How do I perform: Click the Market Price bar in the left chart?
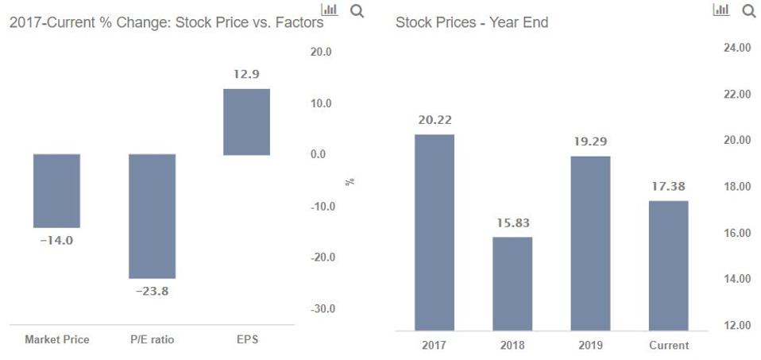[x=56, y=191]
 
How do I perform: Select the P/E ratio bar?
[x=152, y=215]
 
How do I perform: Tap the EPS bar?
[x=246, y=122]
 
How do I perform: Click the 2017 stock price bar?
[x=435, y=232]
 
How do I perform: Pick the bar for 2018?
[x=512, y=283]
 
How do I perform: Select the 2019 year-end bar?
[x=590, y=242]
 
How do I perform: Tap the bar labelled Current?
[x=668, y=265]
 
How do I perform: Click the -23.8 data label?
[x=152, y=291]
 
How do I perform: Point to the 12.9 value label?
[x=246, y=74]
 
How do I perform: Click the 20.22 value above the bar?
[x=435, y=120]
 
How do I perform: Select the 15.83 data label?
[x=512, y=223]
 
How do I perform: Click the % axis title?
[x=350, y=182]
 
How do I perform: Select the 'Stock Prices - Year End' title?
[x=472, y=22]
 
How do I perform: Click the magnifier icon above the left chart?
[x=357, y=10]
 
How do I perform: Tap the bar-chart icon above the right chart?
[x=721, y=10]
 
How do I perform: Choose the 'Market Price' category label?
[x=56, y=340]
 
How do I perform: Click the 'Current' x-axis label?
[x=668, y=346]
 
